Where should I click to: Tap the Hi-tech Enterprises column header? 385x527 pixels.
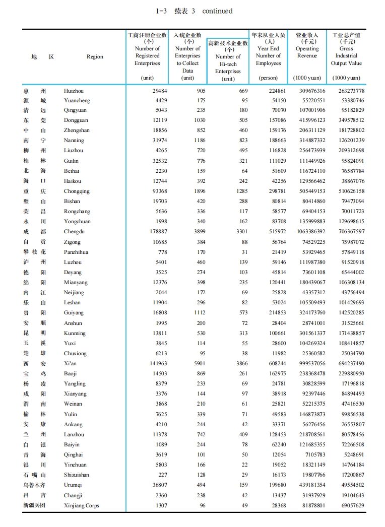(228, 60)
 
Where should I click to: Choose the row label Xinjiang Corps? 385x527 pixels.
(81, 506)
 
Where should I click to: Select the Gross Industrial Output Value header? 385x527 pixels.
(346, 52)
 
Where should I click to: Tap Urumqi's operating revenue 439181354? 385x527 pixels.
(309, 485)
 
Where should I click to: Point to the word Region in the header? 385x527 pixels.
(95, 57)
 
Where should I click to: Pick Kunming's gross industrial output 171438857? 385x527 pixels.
(347, 334)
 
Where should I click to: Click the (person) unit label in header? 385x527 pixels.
(268, 78)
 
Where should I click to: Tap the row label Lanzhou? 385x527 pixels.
(74, 435)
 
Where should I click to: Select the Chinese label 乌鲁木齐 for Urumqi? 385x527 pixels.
(34, 485)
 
